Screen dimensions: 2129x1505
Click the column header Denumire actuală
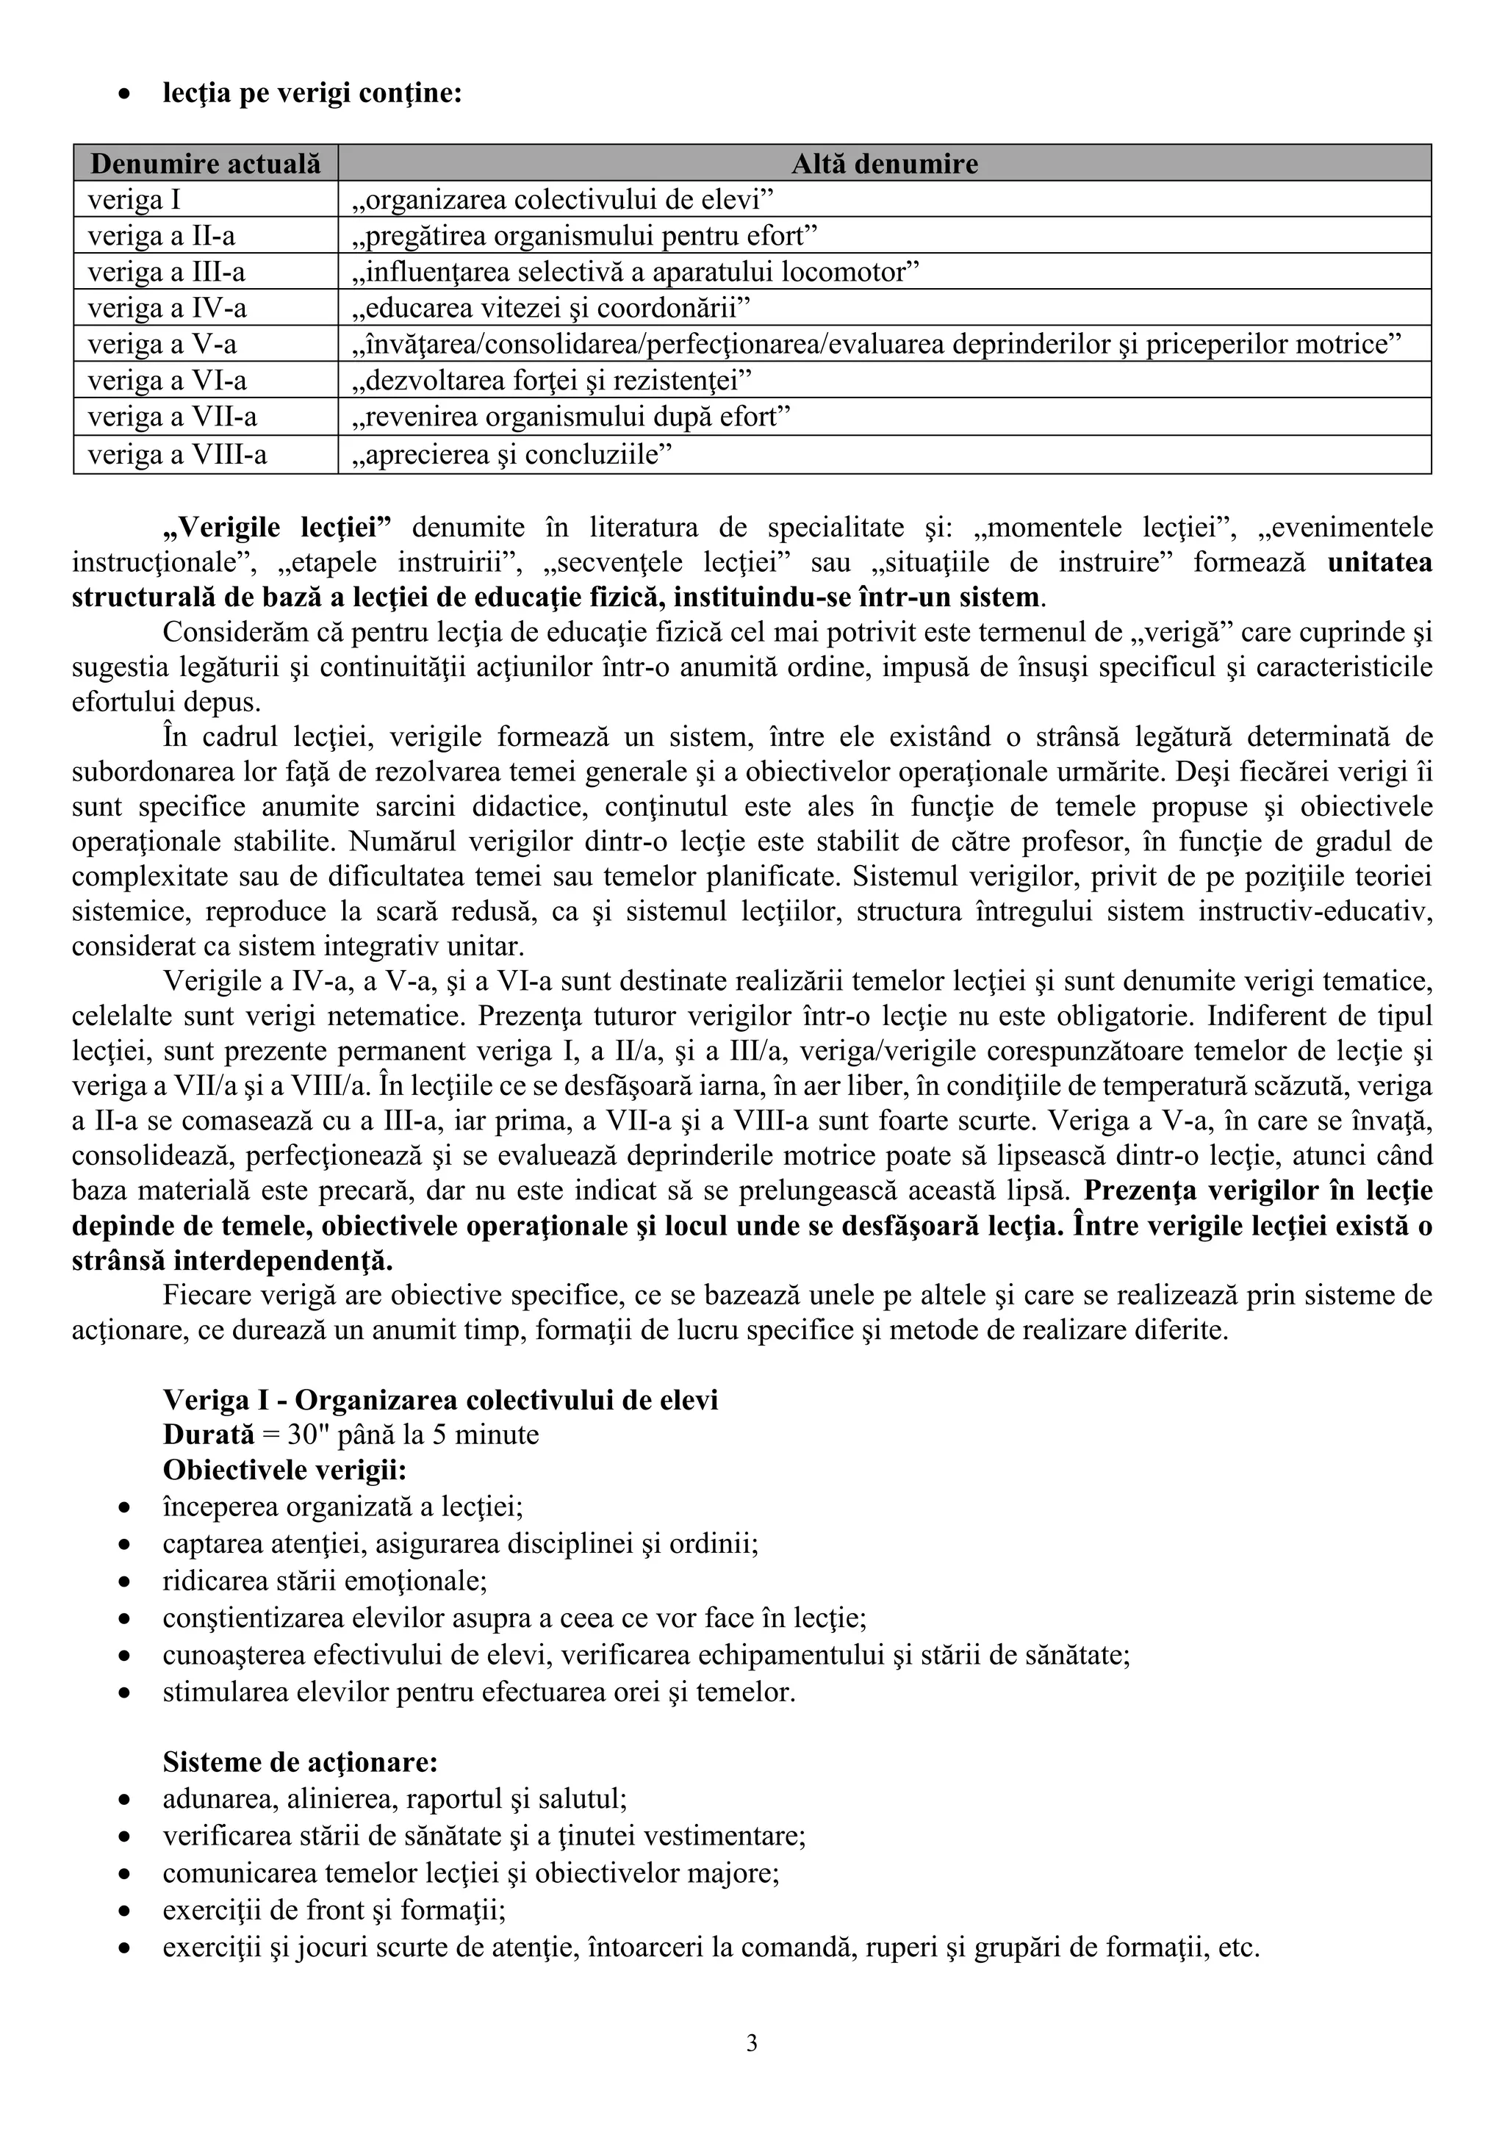205,164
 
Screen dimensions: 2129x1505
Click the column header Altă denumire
884,164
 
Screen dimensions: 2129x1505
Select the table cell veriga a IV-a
167,308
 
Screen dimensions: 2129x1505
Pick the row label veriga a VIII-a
177,454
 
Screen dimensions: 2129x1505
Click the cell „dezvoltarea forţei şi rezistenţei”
553,381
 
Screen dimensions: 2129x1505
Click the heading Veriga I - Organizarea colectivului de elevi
440,1399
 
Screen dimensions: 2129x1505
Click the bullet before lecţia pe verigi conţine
124,96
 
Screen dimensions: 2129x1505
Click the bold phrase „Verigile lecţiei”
277,528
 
